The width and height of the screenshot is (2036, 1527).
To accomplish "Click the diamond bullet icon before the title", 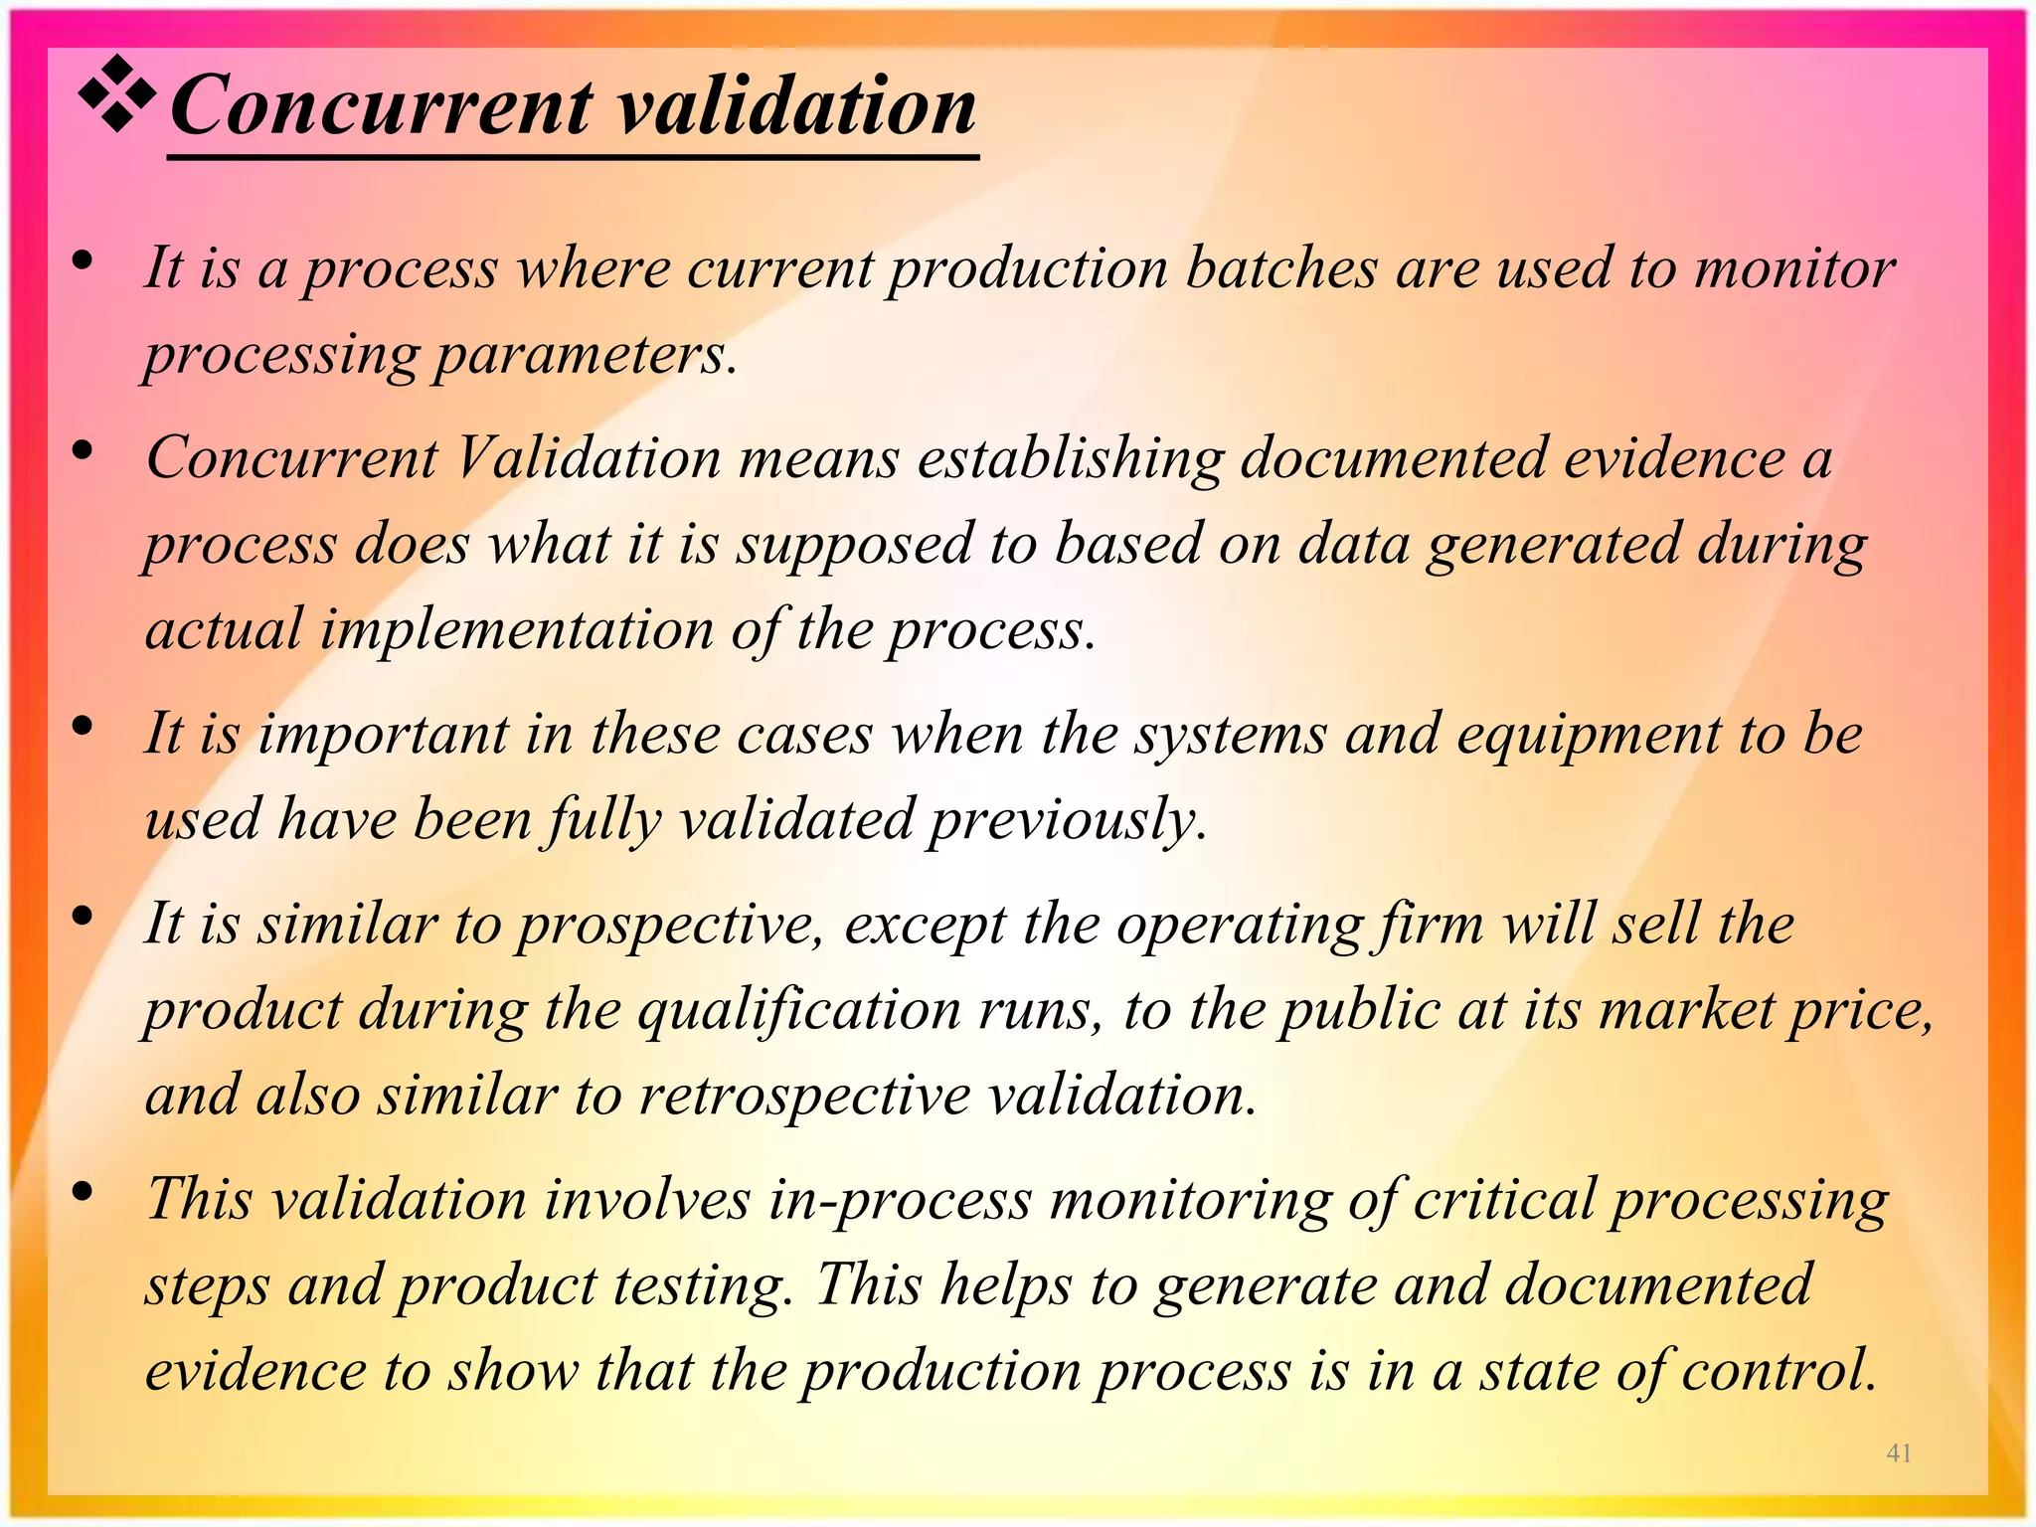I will (x=117, y=94).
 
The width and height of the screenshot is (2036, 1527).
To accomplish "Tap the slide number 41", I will (x=1899, y=1453).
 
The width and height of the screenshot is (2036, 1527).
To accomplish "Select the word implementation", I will (x=517, y=630).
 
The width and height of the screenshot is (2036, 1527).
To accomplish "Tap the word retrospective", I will (x=804, y=1097).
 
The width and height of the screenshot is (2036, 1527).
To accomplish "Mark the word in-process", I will (x=900, y=1200).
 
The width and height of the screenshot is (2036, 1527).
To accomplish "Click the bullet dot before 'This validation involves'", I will (x=84, y=1190).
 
